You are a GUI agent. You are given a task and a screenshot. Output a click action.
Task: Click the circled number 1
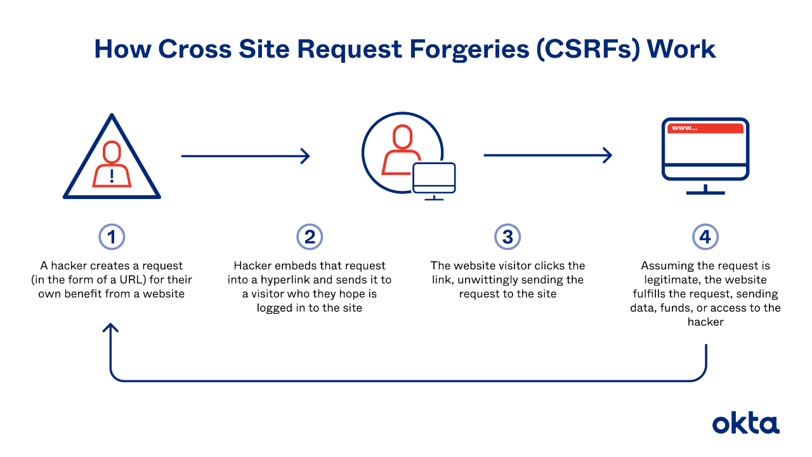click(x=112, y=237)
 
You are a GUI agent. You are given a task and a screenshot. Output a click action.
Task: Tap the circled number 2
click(x=310, y=237)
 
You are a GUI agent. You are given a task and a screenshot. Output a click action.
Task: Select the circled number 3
click(x=507, y=237)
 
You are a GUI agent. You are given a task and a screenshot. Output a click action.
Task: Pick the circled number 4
click(x=705, y=237)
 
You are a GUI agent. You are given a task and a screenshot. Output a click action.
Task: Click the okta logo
click(x=745, y=423)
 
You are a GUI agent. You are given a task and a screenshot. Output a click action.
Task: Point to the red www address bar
click(x=705, y=128)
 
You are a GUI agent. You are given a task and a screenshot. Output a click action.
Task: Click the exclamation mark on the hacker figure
click(x=112, y=175)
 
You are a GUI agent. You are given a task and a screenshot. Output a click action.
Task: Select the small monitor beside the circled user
click(x=434, y=179)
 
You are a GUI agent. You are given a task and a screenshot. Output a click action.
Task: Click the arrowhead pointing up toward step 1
click(x=112, y=328)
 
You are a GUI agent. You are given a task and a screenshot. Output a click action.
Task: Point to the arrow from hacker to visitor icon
click(x=246, y=155)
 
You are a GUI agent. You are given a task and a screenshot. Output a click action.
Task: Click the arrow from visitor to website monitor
click(x=547, y=155)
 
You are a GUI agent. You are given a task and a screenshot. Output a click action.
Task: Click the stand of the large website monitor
click(x=705, y=188)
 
